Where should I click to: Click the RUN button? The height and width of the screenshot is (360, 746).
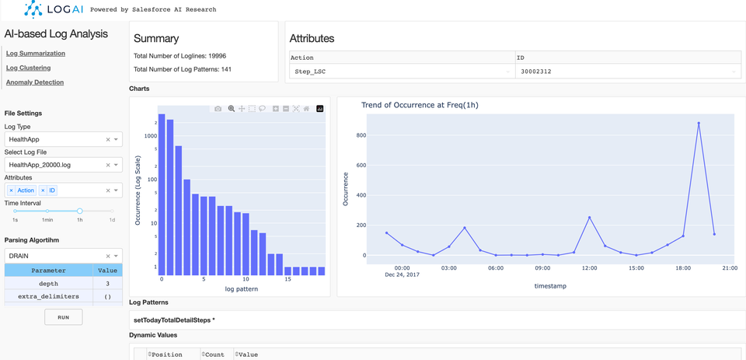click(x=63, y=317)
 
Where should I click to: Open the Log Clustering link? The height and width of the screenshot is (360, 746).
click(x=28, y=68)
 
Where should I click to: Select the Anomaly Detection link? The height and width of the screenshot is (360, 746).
click(x=35, y=82)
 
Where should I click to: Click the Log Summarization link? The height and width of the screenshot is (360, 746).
click(x=36, y=54)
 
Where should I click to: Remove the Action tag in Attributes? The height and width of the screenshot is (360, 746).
click(x=12, y=190)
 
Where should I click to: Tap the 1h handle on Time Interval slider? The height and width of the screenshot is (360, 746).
click(x=79, y=211)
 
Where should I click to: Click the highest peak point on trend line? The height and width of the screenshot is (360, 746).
click(x=699, y=123)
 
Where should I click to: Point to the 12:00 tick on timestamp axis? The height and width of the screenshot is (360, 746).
click(x=589, y=268)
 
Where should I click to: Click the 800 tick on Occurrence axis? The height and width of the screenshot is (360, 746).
click(x=359, y=135)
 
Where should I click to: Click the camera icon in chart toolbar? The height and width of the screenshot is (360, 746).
click(x=218, y=109)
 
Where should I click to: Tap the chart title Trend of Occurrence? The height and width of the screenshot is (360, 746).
click(x=419, y=105)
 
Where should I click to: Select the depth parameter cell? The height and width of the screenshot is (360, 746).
click(x=48, y=284)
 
